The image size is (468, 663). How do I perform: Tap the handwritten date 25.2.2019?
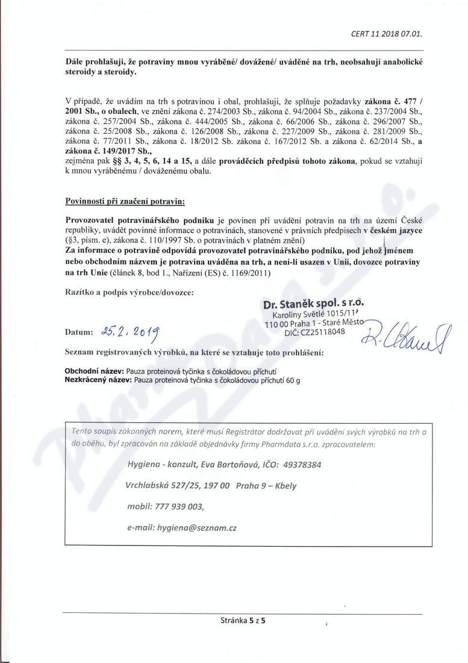131,330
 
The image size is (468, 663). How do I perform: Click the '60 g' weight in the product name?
293,381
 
